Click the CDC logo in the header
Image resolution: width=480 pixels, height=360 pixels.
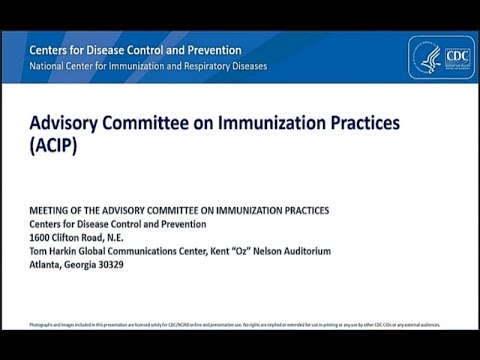[456, 57]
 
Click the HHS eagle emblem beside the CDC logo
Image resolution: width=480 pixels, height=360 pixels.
[431, 57]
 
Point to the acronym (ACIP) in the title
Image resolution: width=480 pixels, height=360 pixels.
[53, 145]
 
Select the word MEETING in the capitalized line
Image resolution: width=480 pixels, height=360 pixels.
[53, 210]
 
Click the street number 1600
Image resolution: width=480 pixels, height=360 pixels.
[42, 238]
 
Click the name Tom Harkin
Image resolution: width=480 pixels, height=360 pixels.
[56, 252]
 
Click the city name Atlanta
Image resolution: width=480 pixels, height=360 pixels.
[49, 266]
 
